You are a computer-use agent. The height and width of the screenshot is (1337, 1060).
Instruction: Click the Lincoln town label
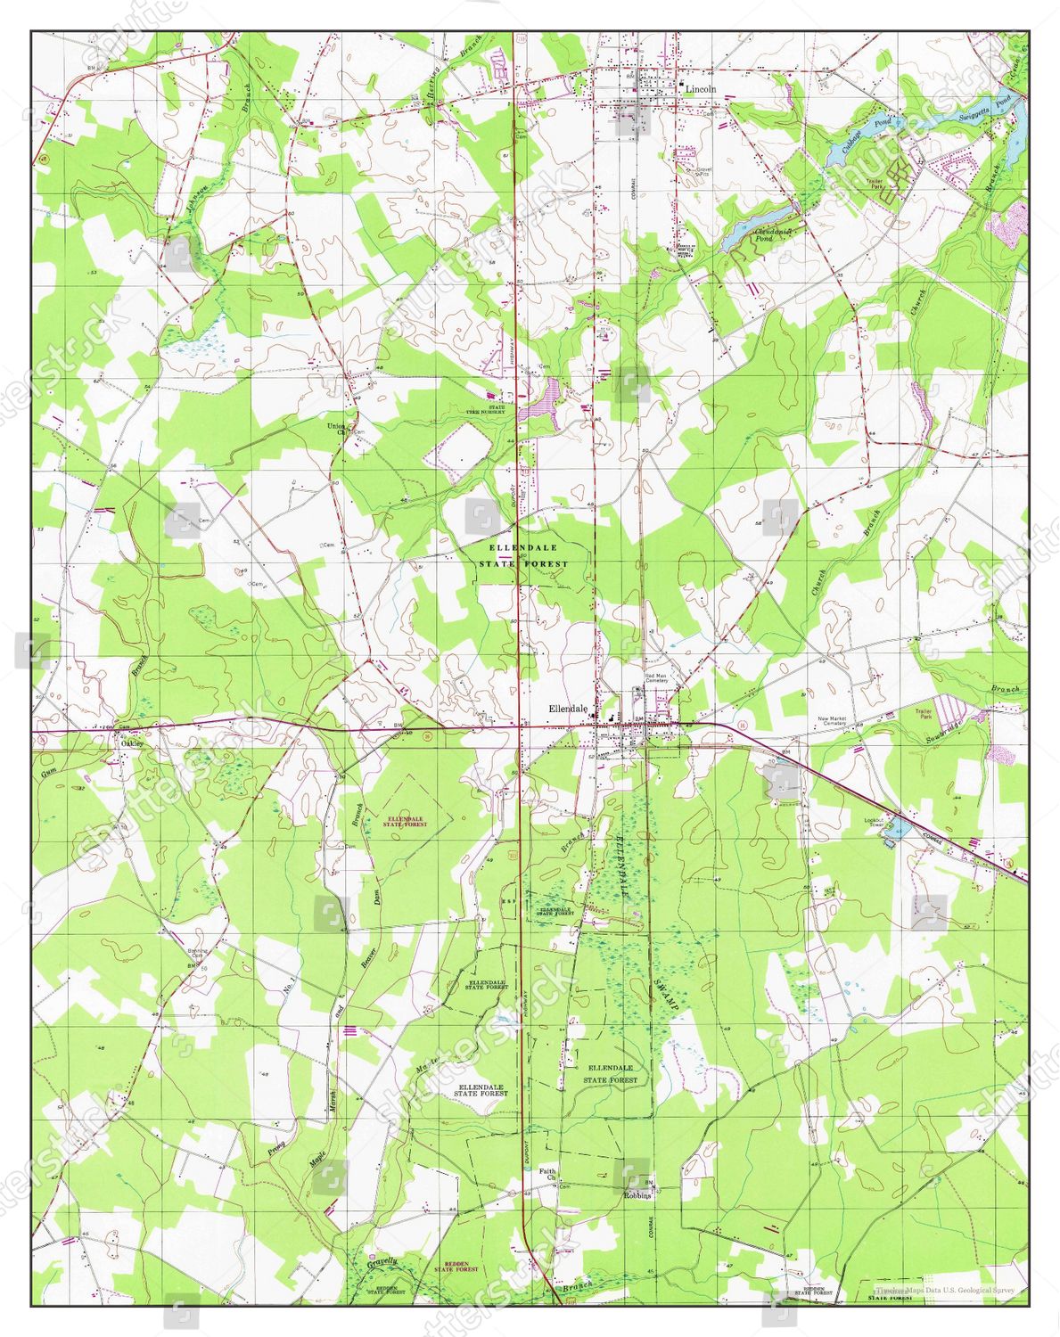(700, 89)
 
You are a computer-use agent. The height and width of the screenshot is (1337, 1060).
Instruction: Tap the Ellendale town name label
(568, 708)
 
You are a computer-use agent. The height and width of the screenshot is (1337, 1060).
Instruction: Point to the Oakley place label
(132, 742)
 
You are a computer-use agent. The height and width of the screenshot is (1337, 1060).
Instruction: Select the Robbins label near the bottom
(637, 1195)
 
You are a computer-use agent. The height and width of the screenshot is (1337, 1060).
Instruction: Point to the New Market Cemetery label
(836, 722)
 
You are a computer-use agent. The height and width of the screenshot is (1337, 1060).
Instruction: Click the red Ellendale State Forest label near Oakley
(405, 822)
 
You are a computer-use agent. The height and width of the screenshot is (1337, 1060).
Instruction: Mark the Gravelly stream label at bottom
(382, 1262)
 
